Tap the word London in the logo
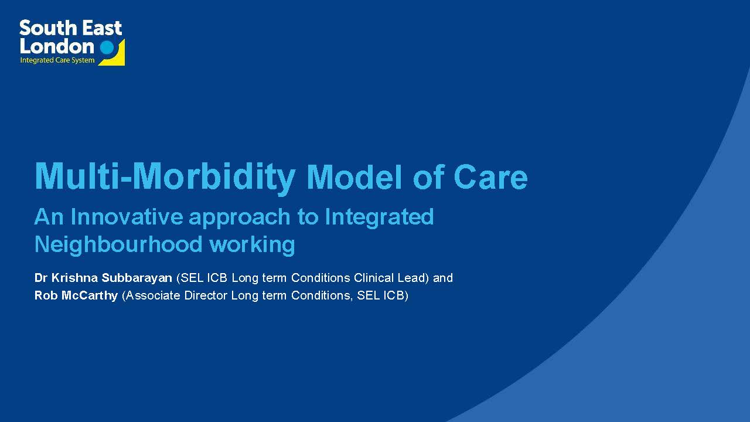[x=56, y=46]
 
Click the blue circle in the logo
[x=107, y=47]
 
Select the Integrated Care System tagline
[x=57, y=60]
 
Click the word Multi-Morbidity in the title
[x=165, y=176]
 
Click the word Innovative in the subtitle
[x=127, y=217]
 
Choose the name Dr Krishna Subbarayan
[x=103, y=278]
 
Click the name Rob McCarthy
[x=76, y=295]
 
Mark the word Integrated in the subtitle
[x=379, y=217]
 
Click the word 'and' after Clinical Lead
[x=443, y=278]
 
